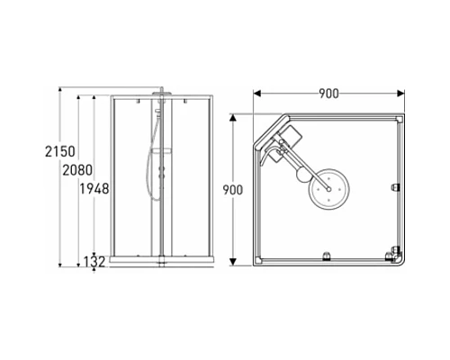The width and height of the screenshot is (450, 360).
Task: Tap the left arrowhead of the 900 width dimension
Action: (258, 94)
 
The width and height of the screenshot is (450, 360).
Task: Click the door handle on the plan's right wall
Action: (395, 187)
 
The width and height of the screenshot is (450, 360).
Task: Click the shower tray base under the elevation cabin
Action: (161, 259)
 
